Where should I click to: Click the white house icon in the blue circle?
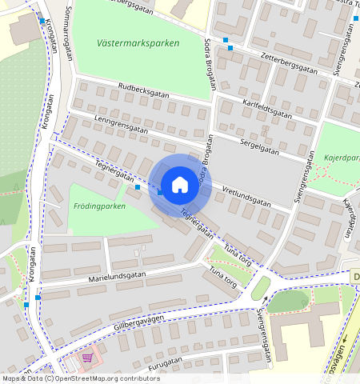pos(180,185)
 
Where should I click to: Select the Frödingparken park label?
pos(99,206)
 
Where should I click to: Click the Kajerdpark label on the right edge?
pos(342,158)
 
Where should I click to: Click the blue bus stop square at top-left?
pos(42,22)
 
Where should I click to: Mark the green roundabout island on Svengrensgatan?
pos(260,288)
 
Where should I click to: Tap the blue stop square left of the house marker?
pos(138,186)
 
